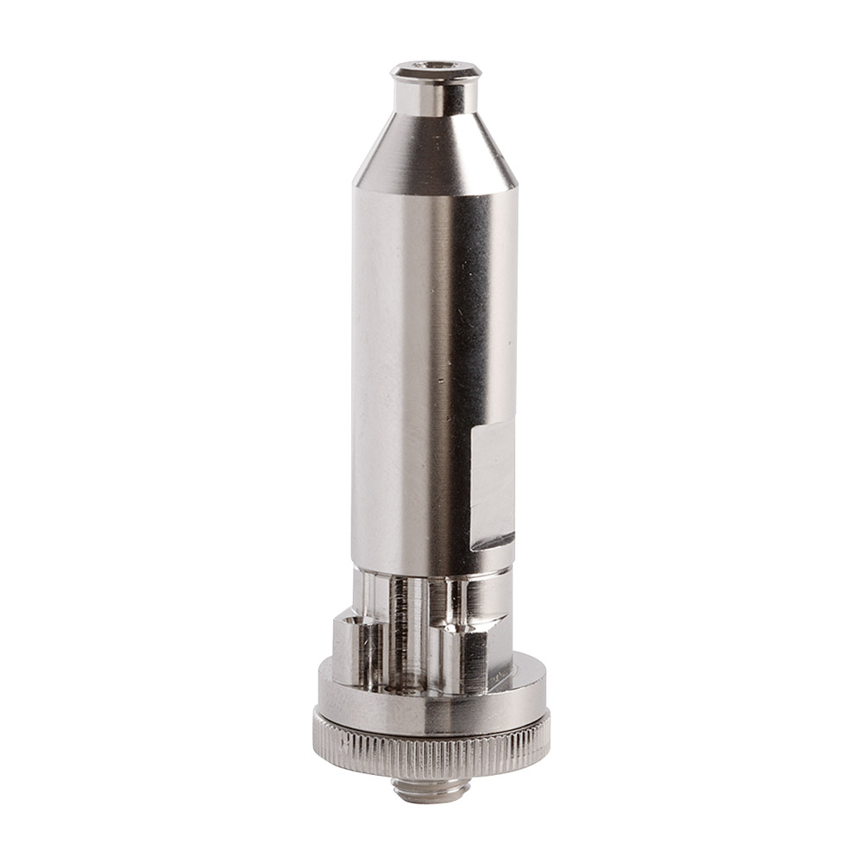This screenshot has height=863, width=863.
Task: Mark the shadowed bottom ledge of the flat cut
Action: (x=492, y=541)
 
